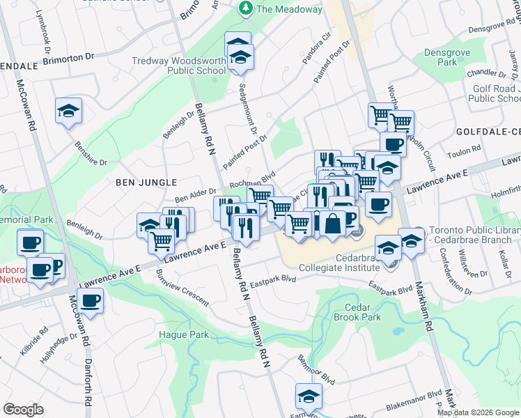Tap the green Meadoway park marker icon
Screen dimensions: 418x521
click(x=245, y=8)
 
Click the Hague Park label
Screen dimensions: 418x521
click(x=189, y=334)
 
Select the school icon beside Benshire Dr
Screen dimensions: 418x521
click(x=68, y=110)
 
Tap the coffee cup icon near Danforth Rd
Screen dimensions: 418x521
click(x=90, y=301)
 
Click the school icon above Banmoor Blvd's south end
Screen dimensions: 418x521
click(x=307, y=395)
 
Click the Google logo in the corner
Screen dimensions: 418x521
click(x=23, y=410)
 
